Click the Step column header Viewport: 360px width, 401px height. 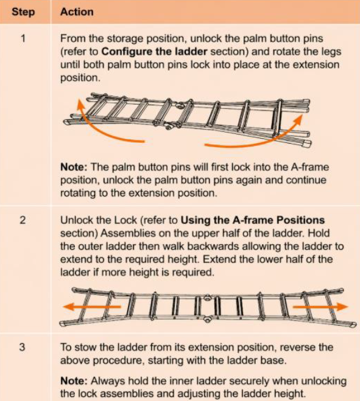point(23,12)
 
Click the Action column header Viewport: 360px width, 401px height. point(77,12)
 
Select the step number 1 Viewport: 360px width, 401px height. point(23,39)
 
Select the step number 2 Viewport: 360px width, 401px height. point(23,220)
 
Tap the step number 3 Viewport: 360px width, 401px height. point(23,347)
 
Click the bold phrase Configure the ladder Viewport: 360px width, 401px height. point(154,52)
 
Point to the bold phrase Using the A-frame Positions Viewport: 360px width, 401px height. point(253,220)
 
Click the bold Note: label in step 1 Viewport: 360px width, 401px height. point(74,167)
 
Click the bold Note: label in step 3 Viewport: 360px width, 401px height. point(74,381)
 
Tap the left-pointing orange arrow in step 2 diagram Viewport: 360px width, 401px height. point(91,306)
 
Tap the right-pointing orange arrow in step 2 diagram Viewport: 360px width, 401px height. point(320,306)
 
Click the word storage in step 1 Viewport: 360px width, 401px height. point(125,39)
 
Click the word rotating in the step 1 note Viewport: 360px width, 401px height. point(78,193)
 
